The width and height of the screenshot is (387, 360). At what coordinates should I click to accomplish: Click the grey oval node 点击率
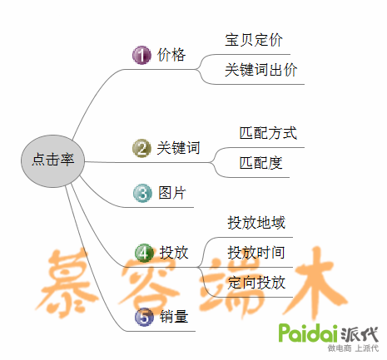(52, 161)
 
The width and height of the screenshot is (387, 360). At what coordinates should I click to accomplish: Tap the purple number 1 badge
(141, 55)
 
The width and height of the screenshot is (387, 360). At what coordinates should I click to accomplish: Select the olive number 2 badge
(141, 148)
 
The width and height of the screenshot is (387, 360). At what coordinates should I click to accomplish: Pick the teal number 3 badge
(142, 193)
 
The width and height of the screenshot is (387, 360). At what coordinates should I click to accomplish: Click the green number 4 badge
(144, 253)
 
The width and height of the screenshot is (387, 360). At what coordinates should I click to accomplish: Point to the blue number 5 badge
(144, 317)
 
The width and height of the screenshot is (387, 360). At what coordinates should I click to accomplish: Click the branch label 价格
(171, 55)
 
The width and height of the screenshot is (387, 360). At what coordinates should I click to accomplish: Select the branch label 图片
(172, 193)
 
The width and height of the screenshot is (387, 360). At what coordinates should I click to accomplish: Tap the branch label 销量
(174, 316)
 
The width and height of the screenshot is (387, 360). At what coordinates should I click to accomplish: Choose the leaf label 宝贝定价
(254, 40)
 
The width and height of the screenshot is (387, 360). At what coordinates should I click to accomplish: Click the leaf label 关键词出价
(260, 70)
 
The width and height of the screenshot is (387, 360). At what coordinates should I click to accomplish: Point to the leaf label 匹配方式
(268, 133)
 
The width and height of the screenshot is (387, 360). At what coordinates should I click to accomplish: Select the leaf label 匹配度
(260, 163)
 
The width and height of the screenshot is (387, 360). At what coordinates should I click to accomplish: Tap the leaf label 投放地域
(256, 223)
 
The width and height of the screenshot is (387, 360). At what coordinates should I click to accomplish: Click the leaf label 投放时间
(256, 253)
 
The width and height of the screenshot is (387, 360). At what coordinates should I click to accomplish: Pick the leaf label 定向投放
(256, 283)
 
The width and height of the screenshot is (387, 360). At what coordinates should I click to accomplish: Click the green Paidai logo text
(308, 333)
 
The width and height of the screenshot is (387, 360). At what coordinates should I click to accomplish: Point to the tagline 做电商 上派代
(353, 348)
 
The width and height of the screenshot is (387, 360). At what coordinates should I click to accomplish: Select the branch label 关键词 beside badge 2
(178, 148)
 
